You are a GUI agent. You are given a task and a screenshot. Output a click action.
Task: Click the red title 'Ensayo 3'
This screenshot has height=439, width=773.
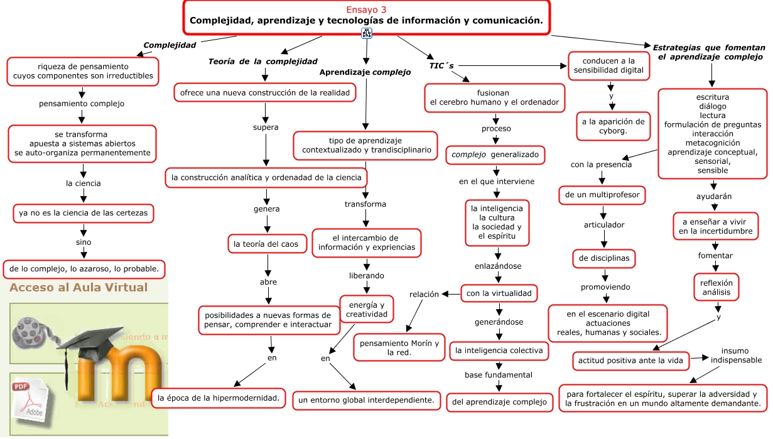pos(366,9)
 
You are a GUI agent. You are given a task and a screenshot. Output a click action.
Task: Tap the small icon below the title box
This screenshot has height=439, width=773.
pos(367,33)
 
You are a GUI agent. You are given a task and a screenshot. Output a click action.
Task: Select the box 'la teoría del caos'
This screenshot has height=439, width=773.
pos(266,244)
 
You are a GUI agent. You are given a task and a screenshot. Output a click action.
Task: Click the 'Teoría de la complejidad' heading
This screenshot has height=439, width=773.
pos(262,62)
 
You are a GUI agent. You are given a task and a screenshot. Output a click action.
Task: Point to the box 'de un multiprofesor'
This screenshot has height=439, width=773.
pos(602,195)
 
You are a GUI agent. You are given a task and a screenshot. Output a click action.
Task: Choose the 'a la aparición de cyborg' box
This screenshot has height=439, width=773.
pos(613,126)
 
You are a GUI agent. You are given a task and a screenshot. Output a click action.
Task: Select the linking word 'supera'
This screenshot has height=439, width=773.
pos(266,127)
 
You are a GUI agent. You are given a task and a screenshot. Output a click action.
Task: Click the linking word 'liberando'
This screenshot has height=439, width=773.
pos(367,276)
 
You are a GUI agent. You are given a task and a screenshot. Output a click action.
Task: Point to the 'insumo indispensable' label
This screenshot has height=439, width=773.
pos(736,355)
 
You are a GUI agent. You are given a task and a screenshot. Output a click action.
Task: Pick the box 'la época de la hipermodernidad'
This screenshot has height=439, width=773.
pos(219,398)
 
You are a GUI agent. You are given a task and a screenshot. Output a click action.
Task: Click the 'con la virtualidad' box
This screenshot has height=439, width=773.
pos(499,293)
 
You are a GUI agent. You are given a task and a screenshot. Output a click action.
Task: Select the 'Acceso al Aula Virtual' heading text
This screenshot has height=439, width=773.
pos(78,288)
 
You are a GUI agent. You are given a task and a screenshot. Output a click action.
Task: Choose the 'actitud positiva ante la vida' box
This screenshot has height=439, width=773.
pos(631,361)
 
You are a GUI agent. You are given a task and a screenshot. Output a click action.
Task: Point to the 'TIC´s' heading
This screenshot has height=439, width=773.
pos(441,65)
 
